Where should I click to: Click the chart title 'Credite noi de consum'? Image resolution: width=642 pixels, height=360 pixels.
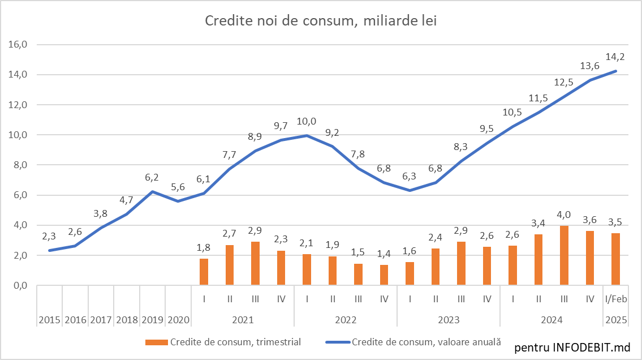pos(321,21)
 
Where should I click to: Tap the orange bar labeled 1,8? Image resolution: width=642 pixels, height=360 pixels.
pos(204,272)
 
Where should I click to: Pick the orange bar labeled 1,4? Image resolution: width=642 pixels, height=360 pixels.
pos(384,275)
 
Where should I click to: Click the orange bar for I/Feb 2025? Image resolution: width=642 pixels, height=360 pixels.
pos(615,259)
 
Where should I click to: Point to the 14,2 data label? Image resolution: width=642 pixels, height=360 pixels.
pos(615,57)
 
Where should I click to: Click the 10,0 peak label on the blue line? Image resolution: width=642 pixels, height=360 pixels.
pos(307,121)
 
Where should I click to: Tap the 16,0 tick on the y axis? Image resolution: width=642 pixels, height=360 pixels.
pos(20,45)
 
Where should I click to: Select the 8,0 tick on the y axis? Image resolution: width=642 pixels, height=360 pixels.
pos(20,165)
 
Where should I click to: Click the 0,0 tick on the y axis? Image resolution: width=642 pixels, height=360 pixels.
pos(20,286)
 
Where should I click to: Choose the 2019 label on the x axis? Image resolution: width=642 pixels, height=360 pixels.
pos(153,320)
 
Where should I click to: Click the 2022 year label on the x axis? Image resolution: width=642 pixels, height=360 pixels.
pos(346,320)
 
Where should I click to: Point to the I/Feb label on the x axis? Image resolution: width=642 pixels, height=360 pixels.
pos(615,298)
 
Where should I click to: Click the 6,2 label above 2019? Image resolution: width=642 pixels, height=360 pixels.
pos(152,177)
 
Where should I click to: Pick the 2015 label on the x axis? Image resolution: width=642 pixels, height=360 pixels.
pos(50,320)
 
